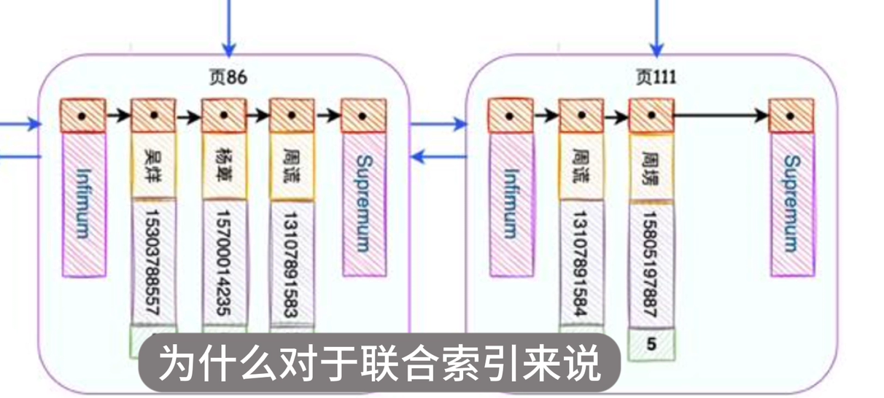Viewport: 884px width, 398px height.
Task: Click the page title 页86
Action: click(x=228, y=77)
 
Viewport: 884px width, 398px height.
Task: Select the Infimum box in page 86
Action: click(x=83, y=204)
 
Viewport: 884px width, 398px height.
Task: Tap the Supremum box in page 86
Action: click(x=364, y=203)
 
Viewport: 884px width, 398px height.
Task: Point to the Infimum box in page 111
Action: click(x=511, y=203)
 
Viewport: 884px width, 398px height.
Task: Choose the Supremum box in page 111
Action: click(x=791, y=203)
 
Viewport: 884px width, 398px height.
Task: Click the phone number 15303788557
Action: click(x=153, y=262)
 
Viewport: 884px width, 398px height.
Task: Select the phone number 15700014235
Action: click(x=223, y=262)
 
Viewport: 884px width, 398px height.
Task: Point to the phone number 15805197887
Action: click(x=651, y=262)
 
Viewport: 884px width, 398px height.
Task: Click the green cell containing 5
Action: click(x=651, y=344)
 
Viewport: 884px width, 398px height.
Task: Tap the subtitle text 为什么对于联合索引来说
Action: click(x=379, y=362)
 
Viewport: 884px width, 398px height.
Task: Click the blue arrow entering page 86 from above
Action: click(x=229, y=29)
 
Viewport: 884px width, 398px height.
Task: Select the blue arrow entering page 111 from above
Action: click(x=656, y=29)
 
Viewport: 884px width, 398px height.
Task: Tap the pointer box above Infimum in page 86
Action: click(x=83, y=116)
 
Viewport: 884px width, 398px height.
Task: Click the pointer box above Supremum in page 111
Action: click(x=791, y=116)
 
